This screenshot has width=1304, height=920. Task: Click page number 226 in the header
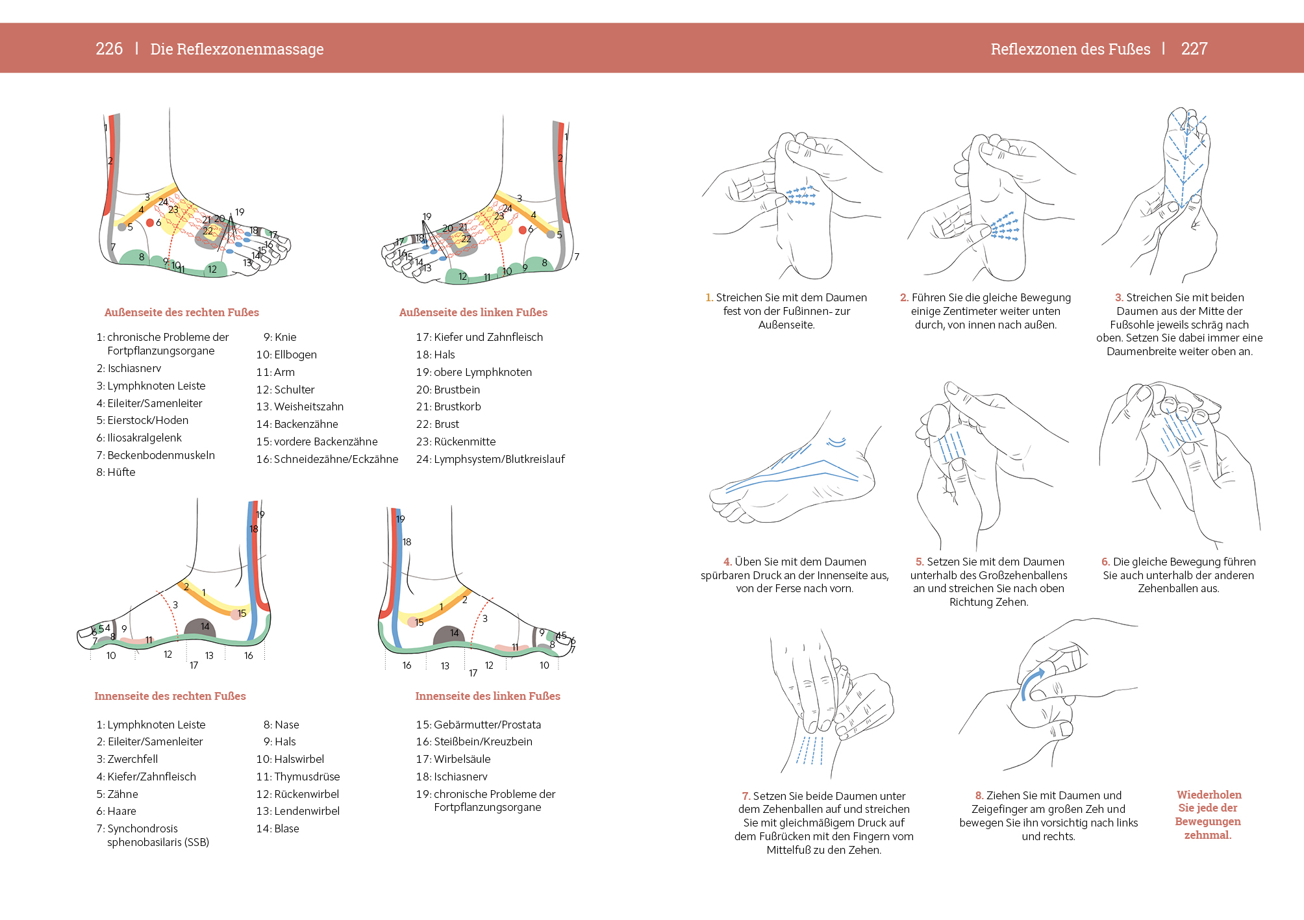pyautogui.click(x=109, y=49)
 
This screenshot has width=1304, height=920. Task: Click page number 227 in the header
pyautogui.click(x=1194, y=49)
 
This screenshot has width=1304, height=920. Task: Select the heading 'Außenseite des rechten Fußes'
pyautogui.click(x=182, y=312)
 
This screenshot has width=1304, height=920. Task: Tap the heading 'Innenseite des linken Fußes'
pyautogui.click(x=488, y=696)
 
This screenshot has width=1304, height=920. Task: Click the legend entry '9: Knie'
pyautogui.click(x=280, y=337)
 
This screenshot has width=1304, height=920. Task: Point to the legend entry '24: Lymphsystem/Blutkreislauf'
pyautogui.click(x=490, y=459)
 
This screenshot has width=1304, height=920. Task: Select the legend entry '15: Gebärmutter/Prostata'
pyautogui.click(x=479, y=725)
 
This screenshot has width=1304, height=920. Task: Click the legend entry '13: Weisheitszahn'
pyautogui.click(x=300, y=406)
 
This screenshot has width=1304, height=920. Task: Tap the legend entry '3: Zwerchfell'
pyautogui.click(x=127, y=759)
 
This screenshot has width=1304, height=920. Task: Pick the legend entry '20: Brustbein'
pyautogui.click(x=448, y=390)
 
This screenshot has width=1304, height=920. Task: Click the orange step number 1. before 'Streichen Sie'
pyautogui.click(x=709, y=297)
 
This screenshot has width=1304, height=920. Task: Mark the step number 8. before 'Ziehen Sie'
pyautogui.click(x=979, y=795)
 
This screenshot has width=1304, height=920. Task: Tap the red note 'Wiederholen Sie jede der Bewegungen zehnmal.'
pyautogui.click(x=1208, y=815)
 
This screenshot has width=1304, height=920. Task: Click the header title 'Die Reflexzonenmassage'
pyautogui.click(x=237, y=49)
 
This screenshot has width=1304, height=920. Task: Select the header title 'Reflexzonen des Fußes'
pyautogui.click(x=1070, y=49)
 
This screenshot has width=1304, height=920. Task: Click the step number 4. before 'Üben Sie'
pyautogui.click(x=727, y=562)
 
